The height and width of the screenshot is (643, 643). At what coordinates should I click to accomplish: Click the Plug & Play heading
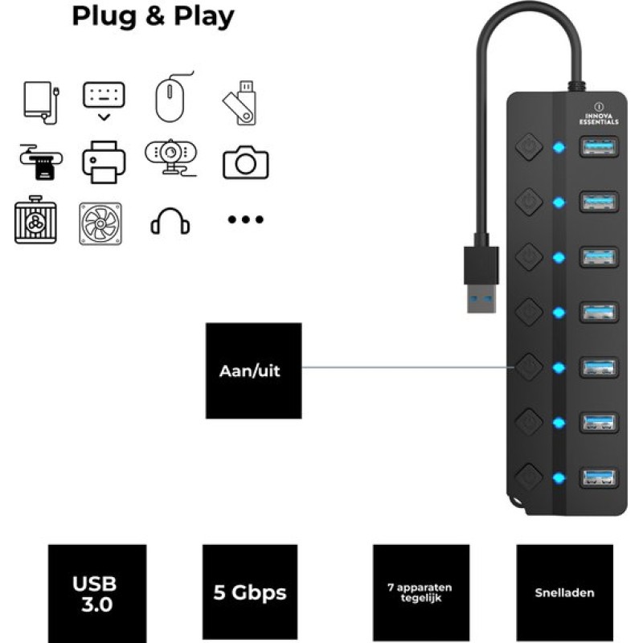[x=153, y=16]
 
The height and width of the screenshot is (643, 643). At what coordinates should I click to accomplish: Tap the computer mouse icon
[x=172, y=99]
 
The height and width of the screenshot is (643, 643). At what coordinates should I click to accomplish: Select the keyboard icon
[x=104, y=99]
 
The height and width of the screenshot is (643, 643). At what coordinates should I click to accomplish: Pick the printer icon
[x=104, y=162]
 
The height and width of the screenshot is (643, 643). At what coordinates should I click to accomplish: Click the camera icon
[x=245, y=162]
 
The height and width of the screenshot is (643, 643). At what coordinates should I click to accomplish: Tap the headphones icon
[x=170, y=222]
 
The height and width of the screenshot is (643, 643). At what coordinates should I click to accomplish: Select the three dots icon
[x=245, y=219]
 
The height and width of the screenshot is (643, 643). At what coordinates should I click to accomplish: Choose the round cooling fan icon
[x=100, y=223]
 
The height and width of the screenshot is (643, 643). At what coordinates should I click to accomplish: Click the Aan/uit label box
[x=253, y=371]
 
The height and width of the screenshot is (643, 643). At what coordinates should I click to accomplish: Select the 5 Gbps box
[x=249, y=593]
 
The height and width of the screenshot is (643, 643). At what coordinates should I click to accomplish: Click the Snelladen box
[x=564, y=593]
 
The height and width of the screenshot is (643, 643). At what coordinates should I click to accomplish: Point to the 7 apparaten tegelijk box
[x=421, y=593]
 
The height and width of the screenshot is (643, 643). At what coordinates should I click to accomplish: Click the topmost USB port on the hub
[x=598, y=148]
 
